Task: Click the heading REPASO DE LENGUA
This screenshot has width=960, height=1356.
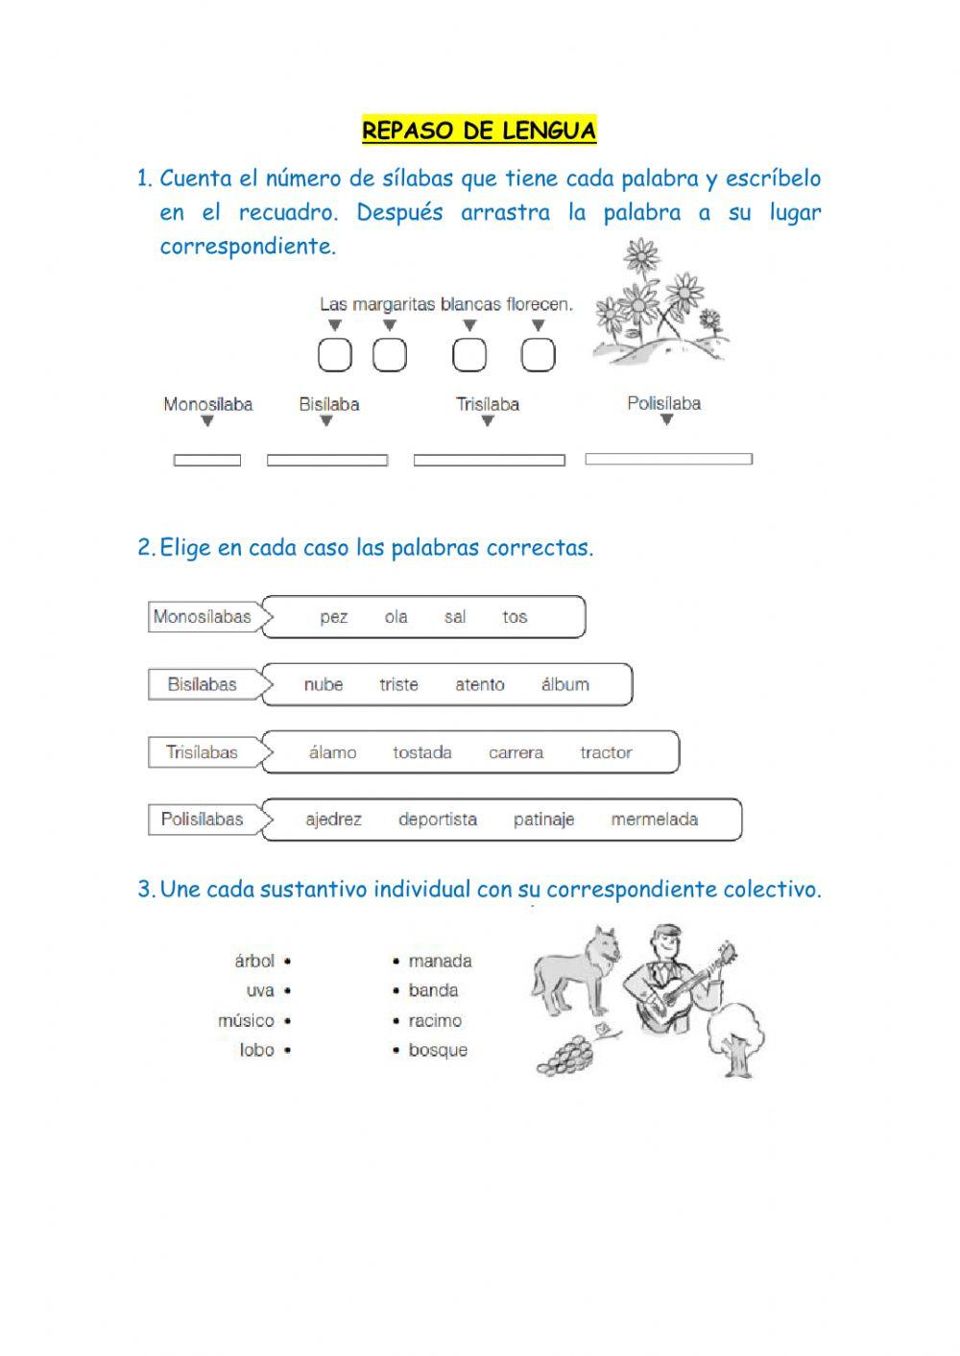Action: pyautogui.click(x=479, y=131)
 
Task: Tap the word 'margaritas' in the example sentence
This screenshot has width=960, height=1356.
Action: pyautogui.click(x=395, y=304)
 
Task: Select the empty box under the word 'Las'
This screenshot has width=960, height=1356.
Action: pyautogui.click(x=335, y=355)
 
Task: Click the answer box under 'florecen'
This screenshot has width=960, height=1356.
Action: pyautogui.click(x=538, y=355)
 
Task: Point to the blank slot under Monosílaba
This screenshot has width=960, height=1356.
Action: pyautogui.click(x=206, y=461)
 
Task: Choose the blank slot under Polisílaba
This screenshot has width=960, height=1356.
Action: pyautogui.click(x=668, y=460)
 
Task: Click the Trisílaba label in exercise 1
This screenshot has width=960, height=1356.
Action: pyautogui.click(x=487, y=404)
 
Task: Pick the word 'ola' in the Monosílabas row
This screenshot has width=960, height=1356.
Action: pyautogui.click(x=396, y=617)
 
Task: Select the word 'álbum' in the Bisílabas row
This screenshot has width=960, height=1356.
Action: pyautogui.click(x=564, y=684)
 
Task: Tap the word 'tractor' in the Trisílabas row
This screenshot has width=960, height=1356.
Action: pyautogui.click(x=606, y=752)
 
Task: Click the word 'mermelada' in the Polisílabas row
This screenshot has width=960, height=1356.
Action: pyautogui.click(x=654, y=820)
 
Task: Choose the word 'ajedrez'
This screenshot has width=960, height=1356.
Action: pyautogui.click(x=333, y=820)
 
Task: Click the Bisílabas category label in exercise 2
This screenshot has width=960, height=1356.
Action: pyautogui.click(x=202, y=684)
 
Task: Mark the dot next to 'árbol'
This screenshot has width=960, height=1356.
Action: pyautogui.click(x=288, y=961)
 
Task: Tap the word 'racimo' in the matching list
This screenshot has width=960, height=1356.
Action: pyautogui.click(x=435, y=1020)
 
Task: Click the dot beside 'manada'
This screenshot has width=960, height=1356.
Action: pyautogui.click(x=396, y=961)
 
